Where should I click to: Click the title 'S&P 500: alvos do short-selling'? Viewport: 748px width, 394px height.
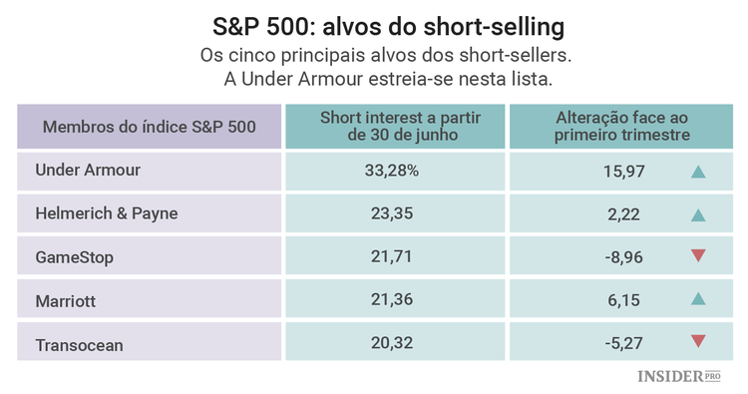pos(374,23)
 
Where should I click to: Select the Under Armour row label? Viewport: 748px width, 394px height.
pos(88,171)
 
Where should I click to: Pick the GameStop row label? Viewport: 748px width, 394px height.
pos(75,257)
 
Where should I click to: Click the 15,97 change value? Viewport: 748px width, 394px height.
pos(625,172)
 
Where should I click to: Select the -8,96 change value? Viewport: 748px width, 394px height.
pos(623,257)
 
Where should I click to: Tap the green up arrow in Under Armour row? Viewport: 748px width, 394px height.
pos(698,172)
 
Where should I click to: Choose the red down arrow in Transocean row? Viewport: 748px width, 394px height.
pos(698,342)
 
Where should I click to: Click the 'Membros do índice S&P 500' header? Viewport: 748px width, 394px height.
pos(150,127)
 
